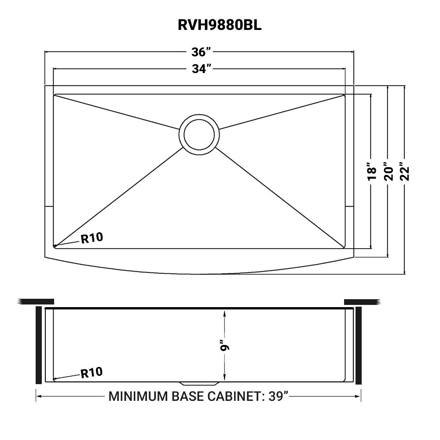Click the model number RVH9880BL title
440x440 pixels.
click(220, 25)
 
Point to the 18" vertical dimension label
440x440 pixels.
click(372, 172)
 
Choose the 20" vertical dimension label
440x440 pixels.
click(388, 172)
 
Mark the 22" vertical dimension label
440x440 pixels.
click(404, 172)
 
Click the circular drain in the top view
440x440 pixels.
click(199, 135)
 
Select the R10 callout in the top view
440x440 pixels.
click(92, 238)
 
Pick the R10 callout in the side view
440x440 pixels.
click(92, 373)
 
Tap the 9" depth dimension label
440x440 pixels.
click(225, 346)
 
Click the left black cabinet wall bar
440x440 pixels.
click(39, 345)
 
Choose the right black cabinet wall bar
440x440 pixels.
click(358, 345)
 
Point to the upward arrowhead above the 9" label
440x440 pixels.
click(225, 313)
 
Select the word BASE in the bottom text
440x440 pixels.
click(188, 396)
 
